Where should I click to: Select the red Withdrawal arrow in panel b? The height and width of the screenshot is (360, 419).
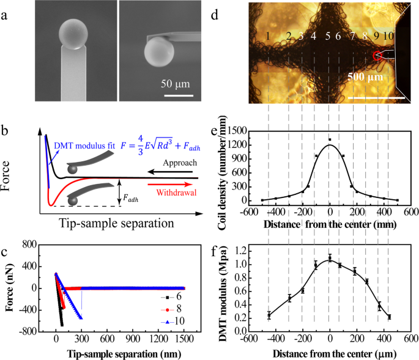[x=175, y=182]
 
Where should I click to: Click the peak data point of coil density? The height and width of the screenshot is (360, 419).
[x=330, y=140]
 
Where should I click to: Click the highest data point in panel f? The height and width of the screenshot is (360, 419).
[x=330, y=258]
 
